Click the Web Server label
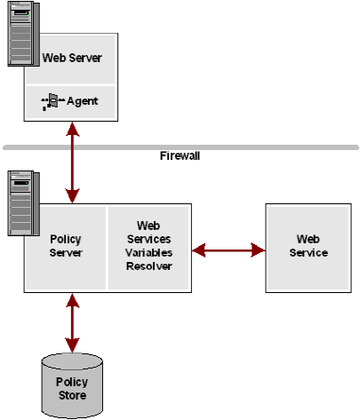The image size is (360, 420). click(72, 58)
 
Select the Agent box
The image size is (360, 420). click(71, 101)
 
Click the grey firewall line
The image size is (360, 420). click(267, 146)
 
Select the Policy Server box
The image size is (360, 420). click(65, 247)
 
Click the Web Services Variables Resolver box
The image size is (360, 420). click(148, 247)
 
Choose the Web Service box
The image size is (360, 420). click(308, 247)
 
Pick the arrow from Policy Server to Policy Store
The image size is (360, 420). click(71, 322)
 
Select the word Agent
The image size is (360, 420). click(82, 101)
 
